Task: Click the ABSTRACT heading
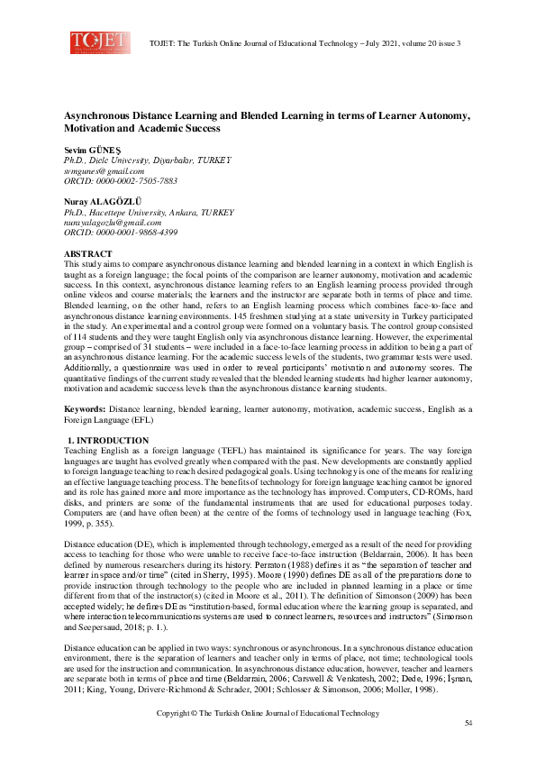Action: click(87, 254)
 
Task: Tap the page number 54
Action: click(468, 724)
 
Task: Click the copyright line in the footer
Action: click(268, 714)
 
